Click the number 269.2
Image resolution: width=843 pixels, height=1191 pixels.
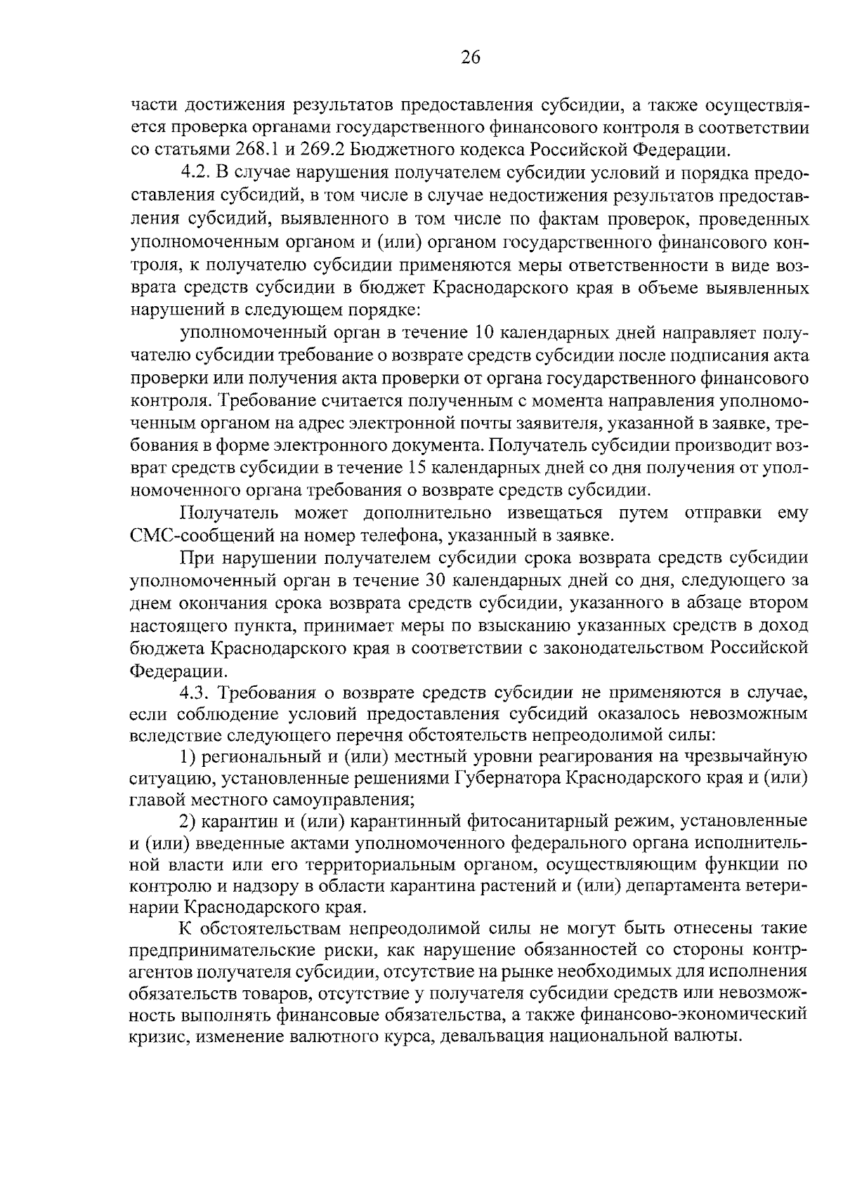click(320, 150)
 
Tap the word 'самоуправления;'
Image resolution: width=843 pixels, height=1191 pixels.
click(347, 799)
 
